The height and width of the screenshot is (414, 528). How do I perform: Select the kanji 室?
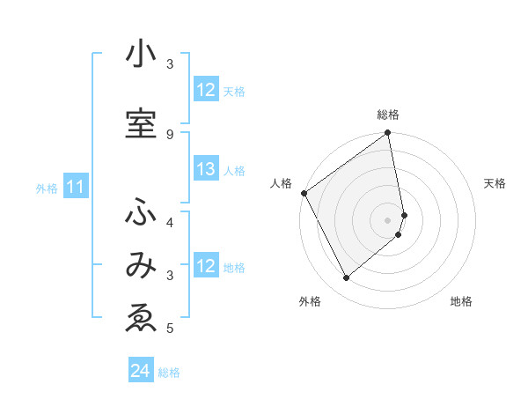(x=141, y=122)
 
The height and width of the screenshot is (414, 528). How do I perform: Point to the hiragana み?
(x=141, y=265)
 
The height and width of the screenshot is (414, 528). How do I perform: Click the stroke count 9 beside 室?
(x=170, y=134)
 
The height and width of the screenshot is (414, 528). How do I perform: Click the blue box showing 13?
(x=206, y=170)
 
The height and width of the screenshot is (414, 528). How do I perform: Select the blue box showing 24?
(x=141, y=371)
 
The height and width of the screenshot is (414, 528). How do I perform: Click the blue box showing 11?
(x=76, y=187)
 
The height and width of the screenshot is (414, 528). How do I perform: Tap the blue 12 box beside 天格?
(x=206, y=90)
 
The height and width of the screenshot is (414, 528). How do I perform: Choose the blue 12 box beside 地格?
(x=206, y=266)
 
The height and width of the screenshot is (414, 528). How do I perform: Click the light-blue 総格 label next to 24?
(x=169, y=373)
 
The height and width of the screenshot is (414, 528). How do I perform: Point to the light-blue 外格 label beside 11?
(x=47, y=188)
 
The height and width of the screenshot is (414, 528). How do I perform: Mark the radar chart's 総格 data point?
(x=388, y=134)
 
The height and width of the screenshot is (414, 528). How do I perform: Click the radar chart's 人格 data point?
(x=304, y=193)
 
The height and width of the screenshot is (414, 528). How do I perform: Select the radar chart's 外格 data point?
(x=347, y=277)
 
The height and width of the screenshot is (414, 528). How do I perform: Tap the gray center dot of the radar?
(x=388, y=219)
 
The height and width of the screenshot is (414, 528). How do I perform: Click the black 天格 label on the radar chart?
(x=495, y=183)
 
